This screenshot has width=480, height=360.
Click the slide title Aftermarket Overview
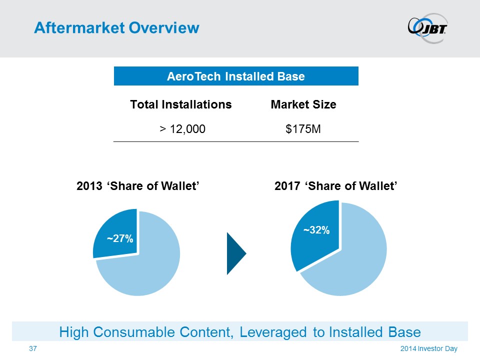pos(116,27)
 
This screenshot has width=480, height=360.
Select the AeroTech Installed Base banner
pos(236,76)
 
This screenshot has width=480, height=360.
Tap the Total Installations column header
pos(181,104)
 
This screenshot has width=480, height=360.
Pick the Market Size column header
pos(303,104)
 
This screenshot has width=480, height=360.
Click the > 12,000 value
pos(182,129)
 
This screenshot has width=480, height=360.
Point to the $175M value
pos(303,129)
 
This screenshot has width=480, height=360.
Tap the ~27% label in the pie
pos(120,239)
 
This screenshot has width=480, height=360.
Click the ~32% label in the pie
pos(316,230)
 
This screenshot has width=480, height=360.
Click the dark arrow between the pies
pos(235,253)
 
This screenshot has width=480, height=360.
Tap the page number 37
pos(33,348)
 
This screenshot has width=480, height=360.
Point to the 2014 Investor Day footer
pos(429,348)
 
